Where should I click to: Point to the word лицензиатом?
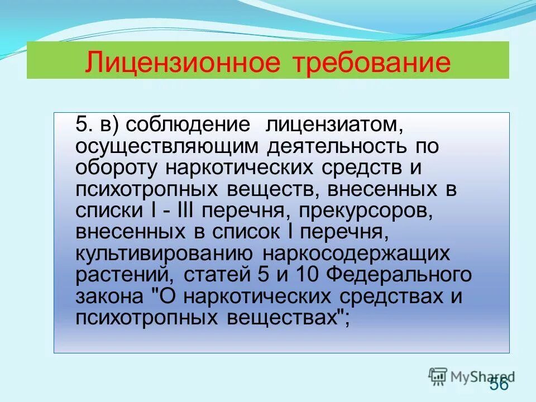click(x=335, y=125)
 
